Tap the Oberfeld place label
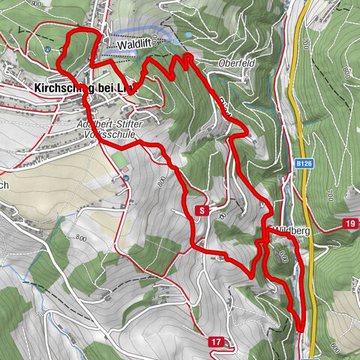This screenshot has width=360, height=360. click(x=238, y=64)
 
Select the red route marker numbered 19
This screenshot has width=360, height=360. click(x=350, y=223)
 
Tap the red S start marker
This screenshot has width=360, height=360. click(x=201, y=211)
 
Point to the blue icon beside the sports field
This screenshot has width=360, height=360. click(x=126, y=178)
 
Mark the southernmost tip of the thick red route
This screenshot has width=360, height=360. click(x=300, y=328)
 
